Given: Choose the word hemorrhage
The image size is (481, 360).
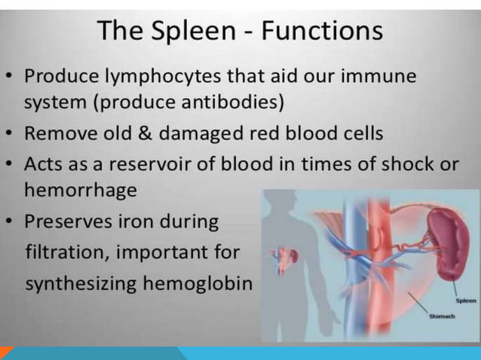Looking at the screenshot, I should coord(81,190).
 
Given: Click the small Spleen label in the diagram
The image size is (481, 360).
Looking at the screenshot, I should coord(465,301).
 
